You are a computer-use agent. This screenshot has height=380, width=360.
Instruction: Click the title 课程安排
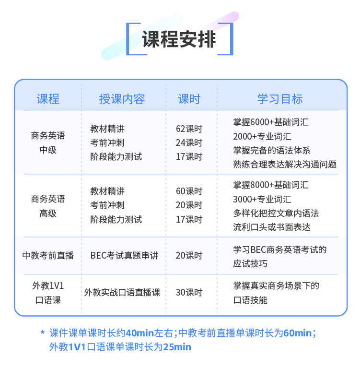(x=179, y=39)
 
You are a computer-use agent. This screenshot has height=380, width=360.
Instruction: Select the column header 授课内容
(x=122, y=99)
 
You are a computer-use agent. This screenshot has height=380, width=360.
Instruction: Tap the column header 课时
(x=189, y=99)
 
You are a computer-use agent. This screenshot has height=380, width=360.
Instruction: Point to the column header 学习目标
(x=280, y=99)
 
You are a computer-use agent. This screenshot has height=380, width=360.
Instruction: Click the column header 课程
(x=48, y=99)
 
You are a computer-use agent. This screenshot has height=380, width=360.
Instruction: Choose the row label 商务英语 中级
(x=48, y=143)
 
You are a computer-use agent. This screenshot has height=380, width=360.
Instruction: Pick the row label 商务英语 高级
(x=48, y=206)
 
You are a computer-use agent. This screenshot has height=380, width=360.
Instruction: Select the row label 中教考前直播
(x=48, y=255)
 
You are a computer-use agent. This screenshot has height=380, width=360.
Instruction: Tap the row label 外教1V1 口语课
(x=48, y=293)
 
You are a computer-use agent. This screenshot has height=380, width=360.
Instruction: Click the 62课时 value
(x=189, y=129)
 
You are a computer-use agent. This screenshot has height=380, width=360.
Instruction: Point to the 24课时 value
(x=189, y=142)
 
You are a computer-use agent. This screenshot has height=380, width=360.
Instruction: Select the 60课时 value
(x=189, y=191)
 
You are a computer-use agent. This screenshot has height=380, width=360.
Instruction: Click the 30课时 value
(x=189, y=292)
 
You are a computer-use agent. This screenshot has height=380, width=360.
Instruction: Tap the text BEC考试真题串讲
(x=124, y=255)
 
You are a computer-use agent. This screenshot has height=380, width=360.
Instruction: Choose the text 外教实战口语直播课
(x=122, y=292)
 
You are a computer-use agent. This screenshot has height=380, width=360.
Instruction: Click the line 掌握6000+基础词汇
(x=271, y=122)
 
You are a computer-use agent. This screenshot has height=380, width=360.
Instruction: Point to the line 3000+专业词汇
(x=262, y=199)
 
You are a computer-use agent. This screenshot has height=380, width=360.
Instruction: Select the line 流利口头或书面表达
(x=272, y=227)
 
